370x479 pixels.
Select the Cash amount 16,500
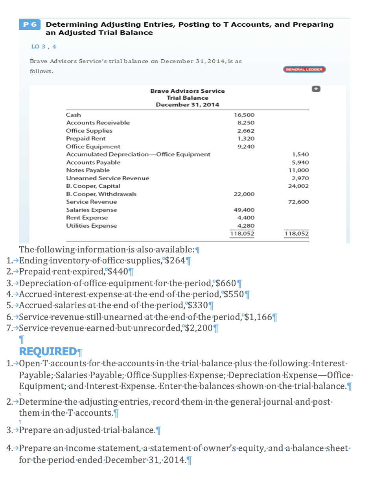(x=244, y=115)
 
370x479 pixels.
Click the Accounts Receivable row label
(x=98, y=123)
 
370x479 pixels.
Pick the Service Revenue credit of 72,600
(x=298, y=202)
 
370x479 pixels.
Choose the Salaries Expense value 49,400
(x=244, y=210)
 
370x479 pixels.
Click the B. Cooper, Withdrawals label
(x=101, y=194)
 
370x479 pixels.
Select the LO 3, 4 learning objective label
(x=43, y=46)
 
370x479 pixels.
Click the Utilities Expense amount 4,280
(x=246, y=226)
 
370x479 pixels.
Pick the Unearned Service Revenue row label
(x=107, y=178)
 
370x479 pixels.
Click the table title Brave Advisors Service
(x=187, y=91)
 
